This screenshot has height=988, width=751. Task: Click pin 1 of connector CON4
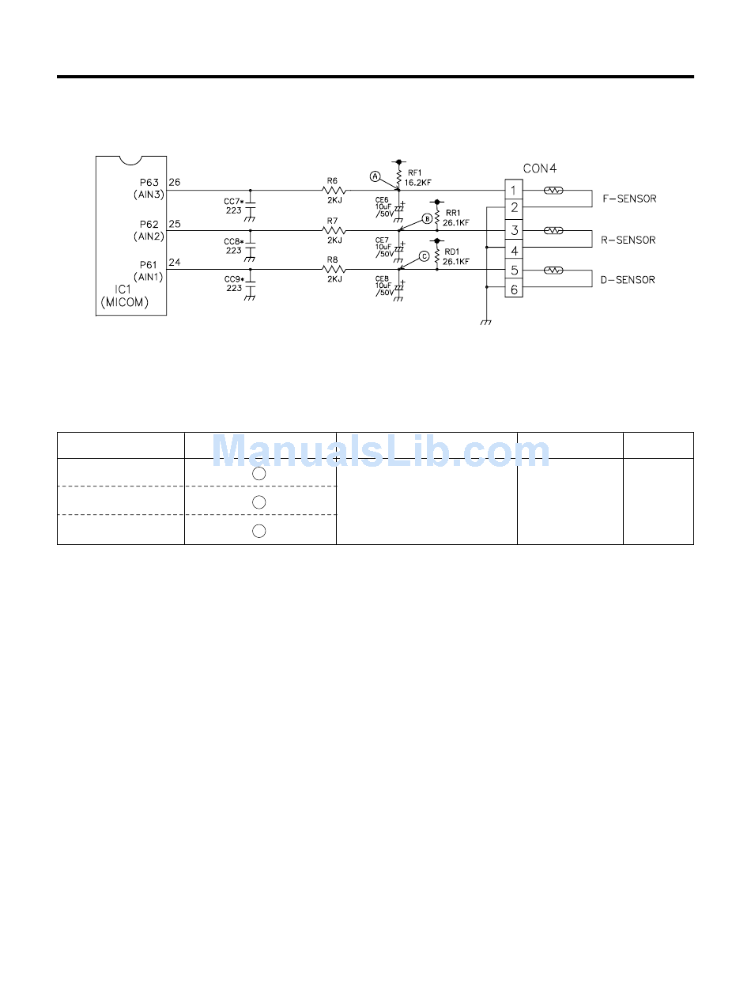[514, 191]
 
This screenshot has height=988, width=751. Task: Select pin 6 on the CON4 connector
[514, 290]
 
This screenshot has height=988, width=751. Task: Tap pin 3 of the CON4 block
[514, 231]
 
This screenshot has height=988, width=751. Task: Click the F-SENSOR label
[629, 199]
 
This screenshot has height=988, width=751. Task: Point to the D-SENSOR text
[628, 280]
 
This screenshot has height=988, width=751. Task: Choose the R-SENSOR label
[628, 240]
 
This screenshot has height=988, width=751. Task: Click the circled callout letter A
[375, 176]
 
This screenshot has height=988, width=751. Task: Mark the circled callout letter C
[424, 256]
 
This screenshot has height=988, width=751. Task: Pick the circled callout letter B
[427, 218]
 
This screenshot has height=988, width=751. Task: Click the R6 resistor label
[332, 180]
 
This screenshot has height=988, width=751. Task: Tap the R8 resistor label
[332, 260]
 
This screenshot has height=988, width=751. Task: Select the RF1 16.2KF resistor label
[417, 177]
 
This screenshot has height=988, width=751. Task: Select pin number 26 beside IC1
[175, 183]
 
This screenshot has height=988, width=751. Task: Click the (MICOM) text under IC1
[124, 303]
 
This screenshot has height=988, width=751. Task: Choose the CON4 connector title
[540, 168]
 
